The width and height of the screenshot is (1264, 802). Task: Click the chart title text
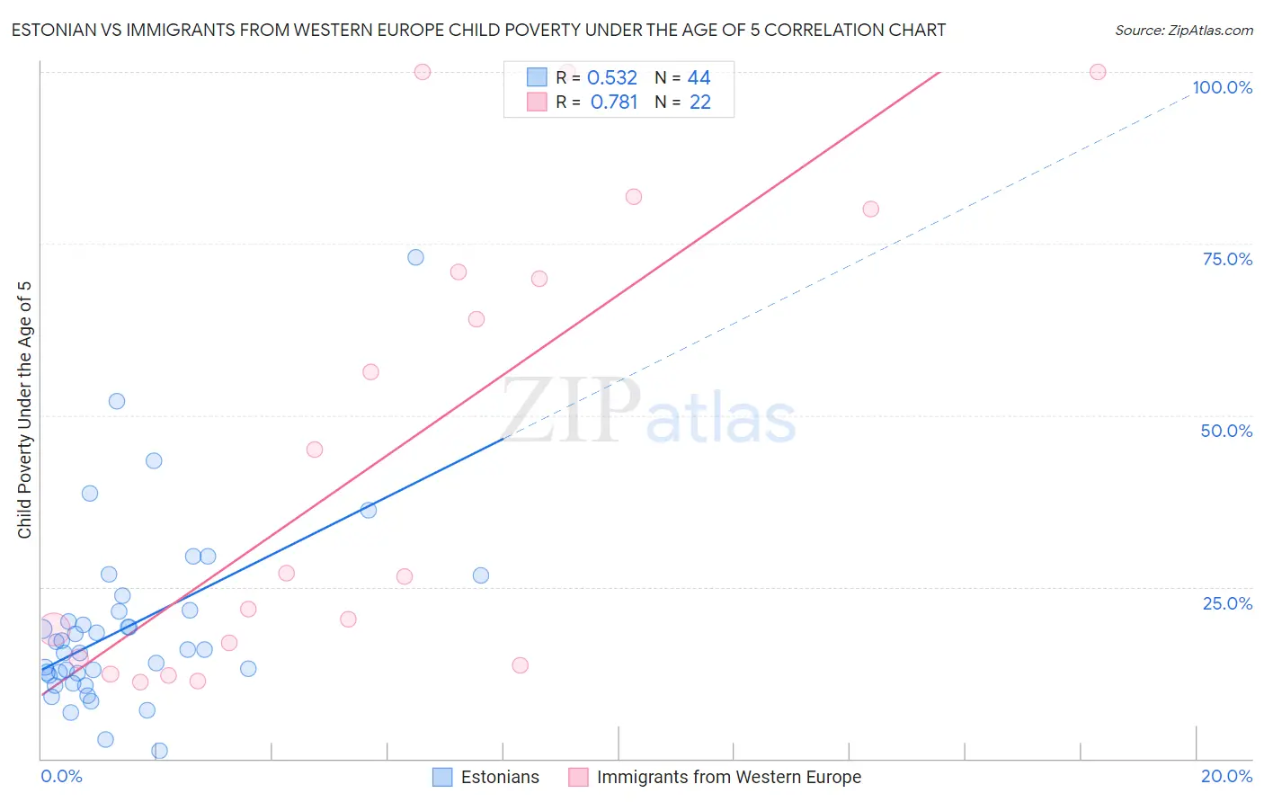(x=478, y=30)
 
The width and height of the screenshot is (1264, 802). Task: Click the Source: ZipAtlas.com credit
(x=1183, y=30)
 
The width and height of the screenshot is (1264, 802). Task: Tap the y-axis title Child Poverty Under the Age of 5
(x=24, y=410)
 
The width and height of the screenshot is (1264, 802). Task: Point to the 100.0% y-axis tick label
(x=1222, y=87)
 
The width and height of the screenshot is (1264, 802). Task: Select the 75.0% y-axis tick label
(x=1227, y=259)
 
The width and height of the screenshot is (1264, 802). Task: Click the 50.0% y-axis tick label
(x=1226, y=431)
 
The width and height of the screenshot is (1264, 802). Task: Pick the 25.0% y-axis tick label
(x=1227, y=603)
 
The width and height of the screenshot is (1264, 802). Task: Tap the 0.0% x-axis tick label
(x=61, y=776)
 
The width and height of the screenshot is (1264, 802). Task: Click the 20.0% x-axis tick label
(x=1226, y=776)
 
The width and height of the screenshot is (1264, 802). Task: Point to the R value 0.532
(x=612, y=78)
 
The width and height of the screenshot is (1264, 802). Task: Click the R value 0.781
(x=614, y=102)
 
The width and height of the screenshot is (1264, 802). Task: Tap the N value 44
(x=699, y=78)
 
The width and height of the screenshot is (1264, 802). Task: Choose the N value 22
(x=700, y=102)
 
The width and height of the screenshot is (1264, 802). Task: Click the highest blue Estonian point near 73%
(x=415, y=257)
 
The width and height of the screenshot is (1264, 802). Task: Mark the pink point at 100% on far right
(x=1098, y=72)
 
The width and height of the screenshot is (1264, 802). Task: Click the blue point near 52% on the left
(x=117, y=401)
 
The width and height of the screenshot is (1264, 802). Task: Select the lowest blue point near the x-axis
(x=160, y=751)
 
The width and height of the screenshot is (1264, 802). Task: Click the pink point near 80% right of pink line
(x=870, y=209)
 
